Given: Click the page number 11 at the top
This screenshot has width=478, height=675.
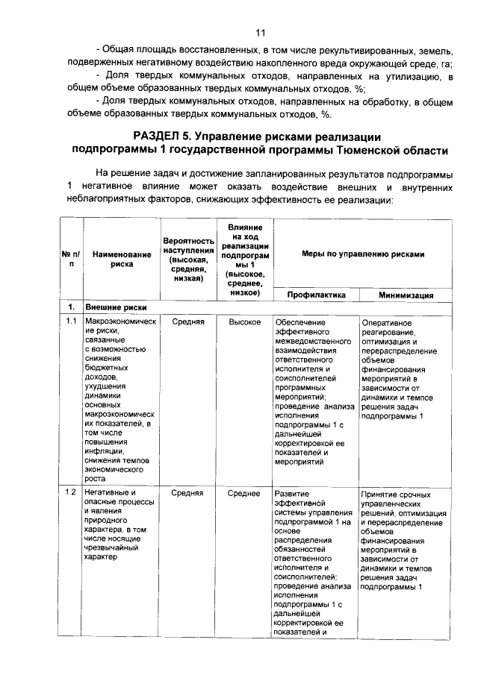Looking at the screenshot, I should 260,33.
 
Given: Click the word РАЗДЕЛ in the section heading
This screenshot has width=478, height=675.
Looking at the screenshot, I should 159,136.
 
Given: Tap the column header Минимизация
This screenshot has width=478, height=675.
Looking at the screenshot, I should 406,295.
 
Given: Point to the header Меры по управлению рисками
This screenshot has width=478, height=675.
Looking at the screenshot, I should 363,254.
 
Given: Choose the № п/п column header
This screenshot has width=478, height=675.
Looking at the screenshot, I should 71,259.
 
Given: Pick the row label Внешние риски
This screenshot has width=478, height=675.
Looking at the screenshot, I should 115,307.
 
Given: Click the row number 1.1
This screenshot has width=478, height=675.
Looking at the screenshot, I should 71,321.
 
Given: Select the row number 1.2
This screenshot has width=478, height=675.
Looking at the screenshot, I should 71,493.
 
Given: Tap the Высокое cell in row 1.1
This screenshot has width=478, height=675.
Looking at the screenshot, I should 245,321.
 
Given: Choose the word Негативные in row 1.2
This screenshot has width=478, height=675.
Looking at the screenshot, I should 109,493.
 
